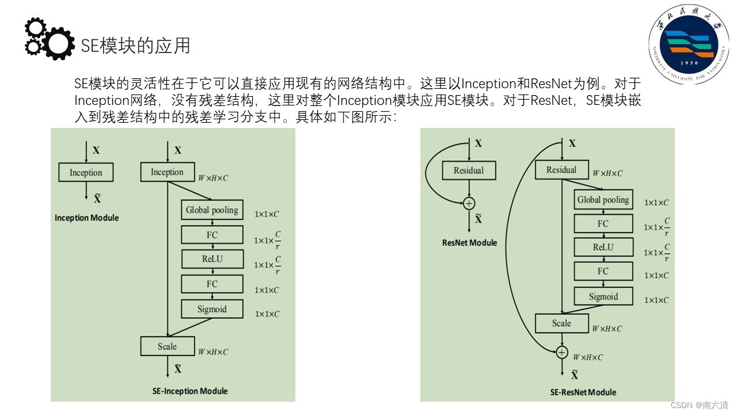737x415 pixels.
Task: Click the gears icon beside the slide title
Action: click(x=49, y=39)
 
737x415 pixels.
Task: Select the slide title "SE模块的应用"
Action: click(x=135, y=45)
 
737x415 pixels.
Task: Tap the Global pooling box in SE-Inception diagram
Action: click(x=212, y=210)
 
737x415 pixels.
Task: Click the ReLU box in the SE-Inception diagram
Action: click(x=212, y=259)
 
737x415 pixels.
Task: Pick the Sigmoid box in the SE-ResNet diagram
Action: click(x=603, y=297)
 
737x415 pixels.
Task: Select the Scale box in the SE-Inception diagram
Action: click(x=167, y=346)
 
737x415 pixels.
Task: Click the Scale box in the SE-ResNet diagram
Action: click(x=561, y=323)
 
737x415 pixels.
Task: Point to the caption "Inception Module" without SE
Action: click(x=86, y=218)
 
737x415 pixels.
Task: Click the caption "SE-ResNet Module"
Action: click(x=583, y=393)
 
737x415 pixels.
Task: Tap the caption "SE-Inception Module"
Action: click(x=190, y=391)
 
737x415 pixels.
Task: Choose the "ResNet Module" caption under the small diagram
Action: click(x=469, y=243)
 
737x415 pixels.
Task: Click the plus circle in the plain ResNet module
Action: click(x=469, y=203)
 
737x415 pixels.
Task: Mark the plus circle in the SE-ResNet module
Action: click(x=562, y=352)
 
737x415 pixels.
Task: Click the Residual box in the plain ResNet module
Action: click(x=469, y=171)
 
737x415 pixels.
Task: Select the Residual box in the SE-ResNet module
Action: click(x=561, y=170)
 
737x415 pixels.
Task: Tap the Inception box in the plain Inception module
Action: click(x=86, y=172)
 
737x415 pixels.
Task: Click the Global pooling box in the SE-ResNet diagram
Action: click(x=603, y=200)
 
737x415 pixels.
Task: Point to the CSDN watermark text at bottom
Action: click(x=699, y=405)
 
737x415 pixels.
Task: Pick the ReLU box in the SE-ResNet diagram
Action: click(x=603, y=248)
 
